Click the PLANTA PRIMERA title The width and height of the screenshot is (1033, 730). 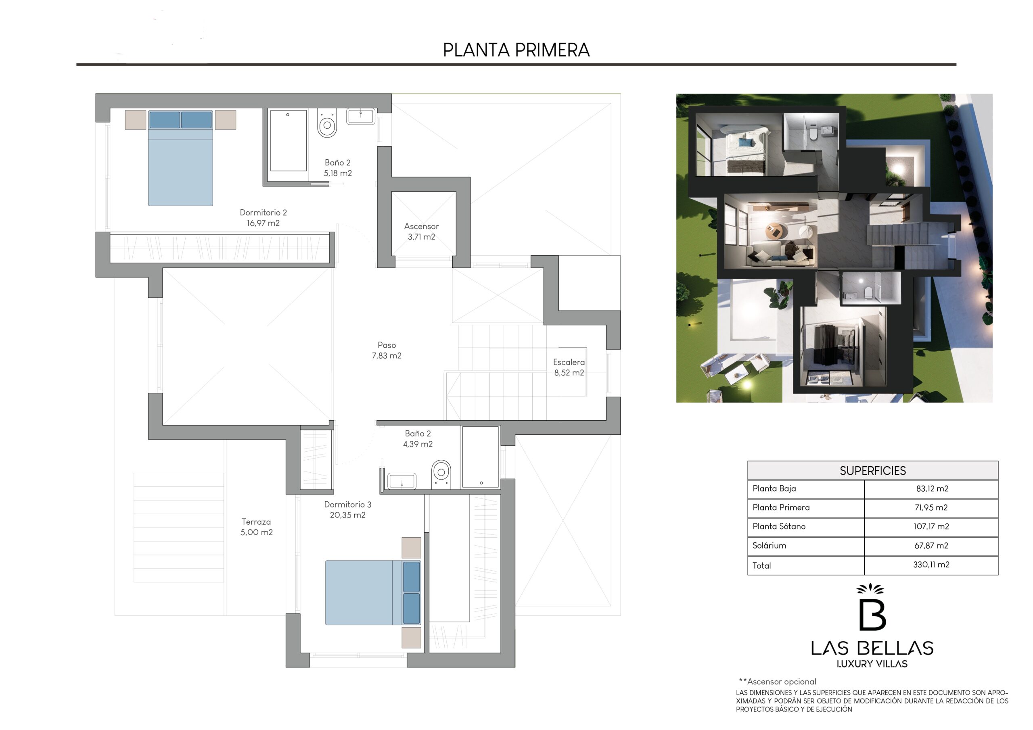516,50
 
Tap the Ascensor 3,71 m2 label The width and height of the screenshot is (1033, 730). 421,232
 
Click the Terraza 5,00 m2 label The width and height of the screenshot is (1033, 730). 257,527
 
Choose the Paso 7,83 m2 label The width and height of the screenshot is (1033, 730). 387,350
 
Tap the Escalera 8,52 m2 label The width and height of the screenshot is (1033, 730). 569,367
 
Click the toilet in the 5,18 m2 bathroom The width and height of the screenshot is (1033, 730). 327,123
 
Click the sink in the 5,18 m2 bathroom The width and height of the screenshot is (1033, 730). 360,117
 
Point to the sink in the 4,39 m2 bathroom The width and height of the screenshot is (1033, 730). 402,481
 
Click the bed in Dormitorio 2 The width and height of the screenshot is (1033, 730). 180,159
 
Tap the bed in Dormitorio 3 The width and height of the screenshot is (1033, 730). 373,592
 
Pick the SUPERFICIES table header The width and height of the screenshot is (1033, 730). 872,471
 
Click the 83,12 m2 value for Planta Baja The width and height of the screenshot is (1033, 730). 932,488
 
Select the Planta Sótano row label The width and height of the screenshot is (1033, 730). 779,526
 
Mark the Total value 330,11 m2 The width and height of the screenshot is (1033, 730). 931,565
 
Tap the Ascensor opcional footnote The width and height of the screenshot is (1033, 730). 777,682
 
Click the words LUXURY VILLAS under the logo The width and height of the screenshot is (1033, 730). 872,664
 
